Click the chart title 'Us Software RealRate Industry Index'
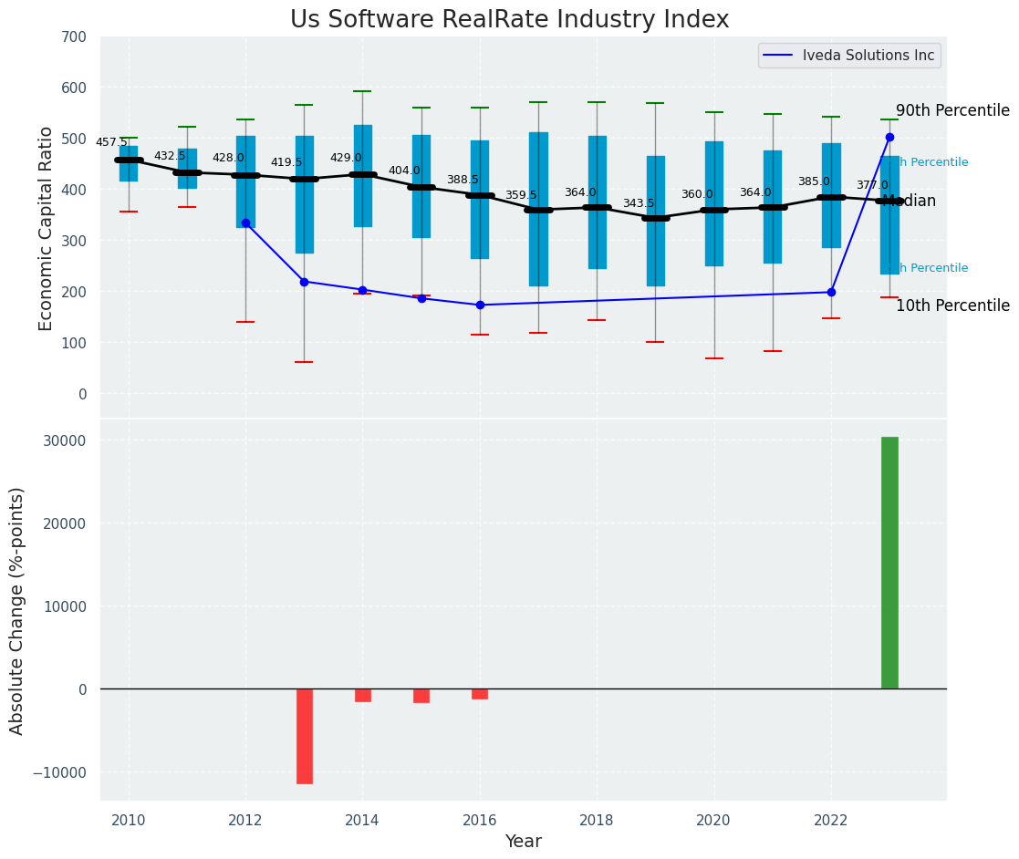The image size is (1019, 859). [509, 20]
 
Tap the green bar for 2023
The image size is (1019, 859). [889, 563]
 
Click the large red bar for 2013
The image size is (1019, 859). [304, 735]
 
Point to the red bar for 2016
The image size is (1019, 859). [480, 694]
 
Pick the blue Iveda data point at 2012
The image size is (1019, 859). [245, 223]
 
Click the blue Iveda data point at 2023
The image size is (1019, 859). [889, 137]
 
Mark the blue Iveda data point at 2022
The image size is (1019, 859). [831, 292]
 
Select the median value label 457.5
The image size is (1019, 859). [111, 142]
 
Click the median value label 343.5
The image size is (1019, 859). [639, 203]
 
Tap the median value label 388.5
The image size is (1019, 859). [463, 180]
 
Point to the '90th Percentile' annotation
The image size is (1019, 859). [952, 111]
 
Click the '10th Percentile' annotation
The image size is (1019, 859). [952, 306]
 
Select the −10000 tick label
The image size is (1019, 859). [57, 772]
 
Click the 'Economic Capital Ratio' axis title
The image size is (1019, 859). [47, 228]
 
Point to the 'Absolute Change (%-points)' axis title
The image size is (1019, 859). [17, 610]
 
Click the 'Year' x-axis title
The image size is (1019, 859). [523, 842]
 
